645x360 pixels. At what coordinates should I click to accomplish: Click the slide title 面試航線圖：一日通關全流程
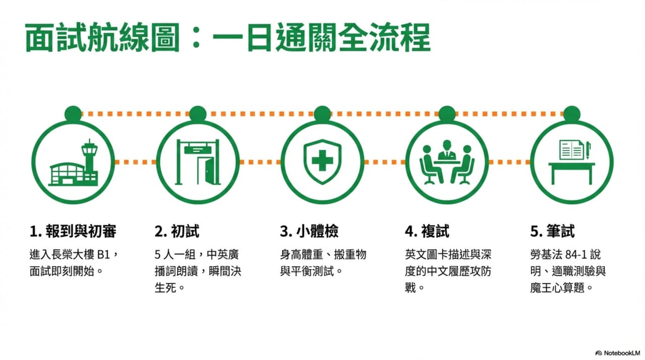228,38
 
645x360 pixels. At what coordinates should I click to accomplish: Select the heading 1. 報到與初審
73,231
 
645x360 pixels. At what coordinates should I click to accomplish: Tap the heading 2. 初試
177,231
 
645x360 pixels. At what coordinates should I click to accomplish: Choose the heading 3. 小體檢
309,231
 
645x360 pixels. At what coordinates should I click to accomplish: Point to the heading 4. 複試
427,231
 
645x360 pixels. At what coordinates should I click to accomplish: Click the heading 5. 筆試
552,231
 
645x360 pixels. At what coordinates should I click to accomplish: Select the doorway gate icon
198,162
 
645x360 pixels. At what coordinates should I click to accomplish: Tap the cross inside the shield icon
323,160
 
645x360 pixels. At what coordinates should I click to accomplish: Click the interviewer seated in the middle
447,150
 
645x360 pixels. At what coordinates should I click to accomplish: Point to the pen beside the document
588,150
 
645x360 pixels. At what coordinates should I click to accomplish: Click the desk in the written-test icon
571,173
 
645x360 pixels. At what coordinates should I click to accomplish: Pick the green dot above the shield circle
323,114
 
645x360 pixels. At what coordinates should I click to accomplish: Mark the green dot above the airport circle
73,114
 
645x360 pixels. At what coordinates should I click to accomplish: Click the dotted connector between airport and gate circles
135,162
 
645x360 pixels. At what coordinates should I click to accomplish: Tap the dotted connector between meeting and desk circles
510,162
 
